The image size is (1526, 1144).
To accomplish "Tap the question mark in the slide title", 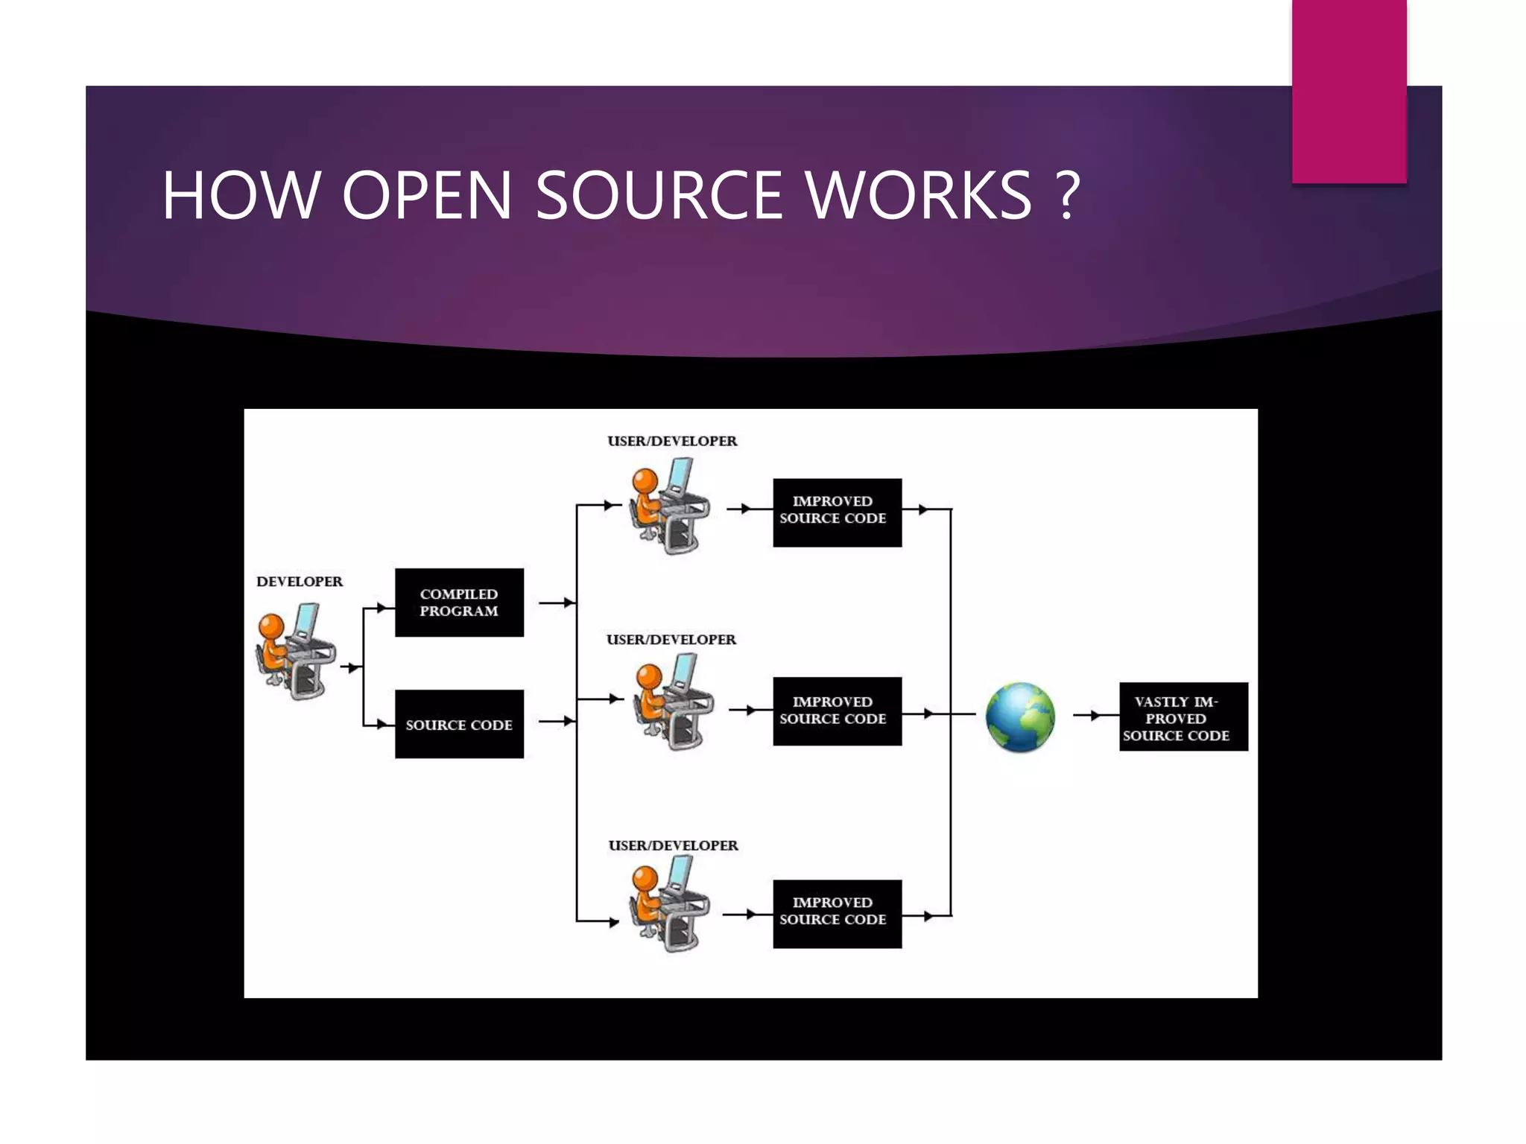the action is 1068,195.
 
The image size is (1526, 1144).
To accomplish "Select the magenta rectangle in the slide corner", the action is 1349,92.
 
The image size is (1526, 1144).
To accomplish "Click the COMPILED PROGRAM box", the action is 459,603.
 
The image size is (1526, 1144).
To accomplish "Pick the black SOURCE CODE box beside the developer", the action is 459,724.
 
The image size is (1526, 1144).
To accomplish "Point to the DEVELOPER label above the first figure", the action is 300,582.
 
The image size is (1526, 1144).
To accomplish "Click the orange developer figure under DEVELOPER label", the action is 295,650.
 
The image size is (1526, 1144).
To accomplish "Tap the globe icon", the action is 1020,717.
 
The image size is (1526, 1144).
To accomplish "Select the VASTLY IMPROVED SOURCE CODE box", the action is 1183,716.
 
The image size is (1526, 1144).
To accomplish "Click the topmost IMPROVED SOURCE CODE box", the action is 838,512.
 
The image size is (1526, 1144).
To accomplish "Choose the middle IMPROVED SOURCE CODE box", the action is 838,711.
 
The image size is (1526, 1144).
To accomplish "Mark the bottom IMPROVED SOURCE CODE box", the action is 838,914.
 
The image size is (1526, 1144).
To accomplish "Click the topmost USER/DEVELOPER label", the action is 672,441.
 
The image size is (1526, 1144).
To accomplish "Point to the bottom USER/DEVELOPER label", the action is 674,845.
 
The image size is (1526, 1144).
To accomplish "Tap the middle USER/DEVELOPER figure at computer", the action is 674,702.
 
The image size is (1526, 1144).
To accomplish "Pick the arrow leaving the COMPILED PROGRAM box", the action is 557,602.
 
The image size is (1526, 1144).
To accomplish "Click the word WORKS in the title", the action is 919,195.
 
